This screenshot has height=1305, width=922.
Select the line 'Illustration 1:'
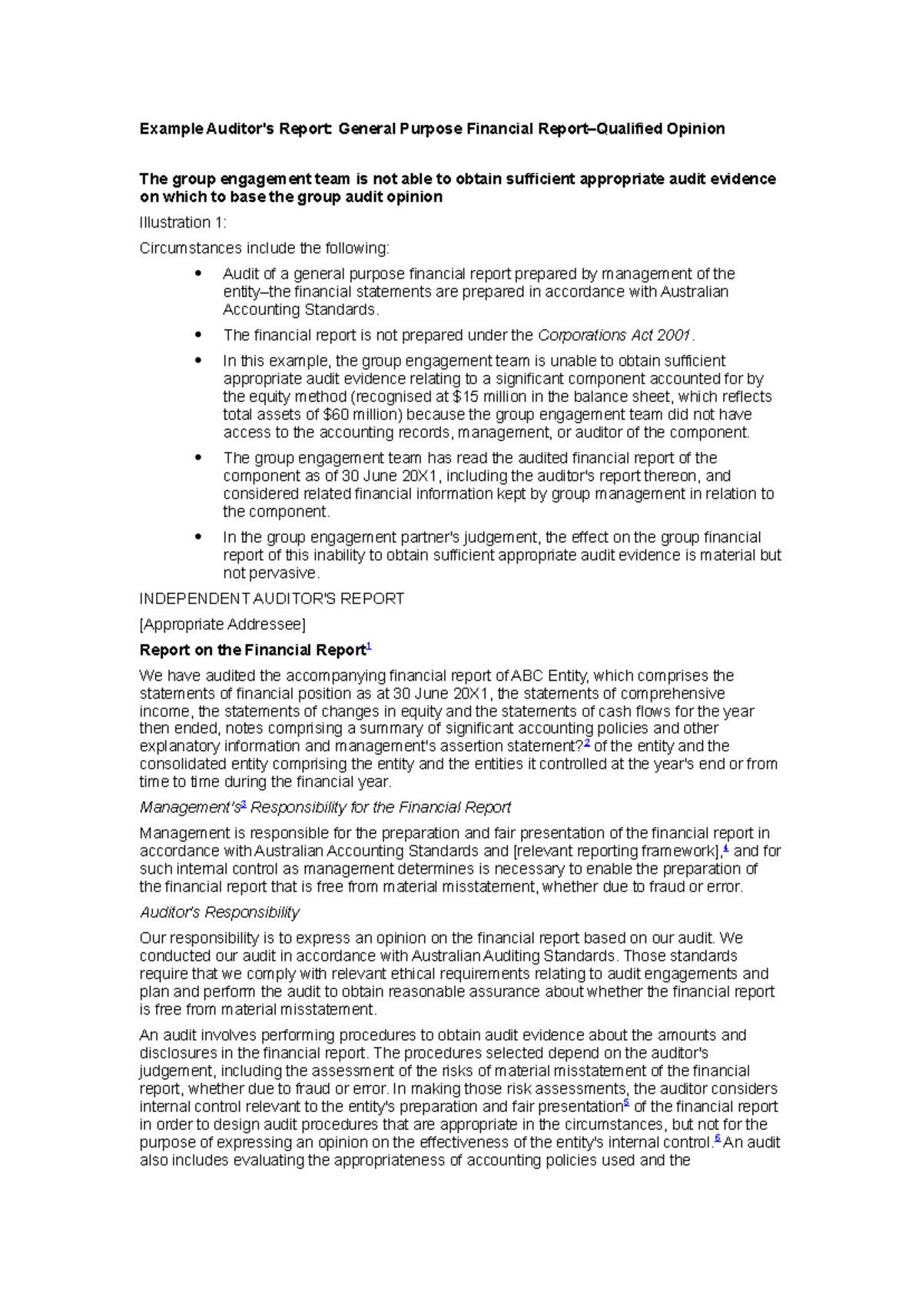(183, 223)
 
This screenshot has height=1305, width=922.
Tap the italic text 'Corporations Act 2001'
(614, 335)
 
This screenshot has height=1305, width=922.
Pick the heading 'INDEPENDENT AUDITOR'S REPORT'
(271, 599)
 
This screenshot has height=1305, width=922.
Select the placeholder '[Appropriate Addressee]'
(222, 624)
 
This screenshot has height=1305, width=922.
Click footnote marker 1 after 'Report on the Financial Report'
(369, 647)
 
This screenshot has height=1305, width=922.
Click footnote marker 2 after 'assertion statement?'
(588, 743)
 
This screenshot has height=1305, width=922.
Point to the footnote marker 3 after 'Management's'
(244, 805)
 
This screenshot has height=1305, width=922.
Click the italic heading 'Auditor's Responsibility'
(219, 912)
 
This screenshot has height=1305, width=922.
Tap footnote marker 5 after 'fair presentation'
(626, 1104)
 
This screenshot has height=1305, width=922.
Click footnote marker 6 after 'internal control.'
(718, 1139)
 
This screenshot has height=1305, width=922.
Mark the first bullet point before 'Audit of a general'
(198, 273)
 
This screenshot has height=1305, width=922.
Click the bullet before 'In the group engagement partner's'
(198, 536)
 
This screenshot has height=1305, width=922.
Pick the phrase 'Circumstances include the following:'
(264, 248)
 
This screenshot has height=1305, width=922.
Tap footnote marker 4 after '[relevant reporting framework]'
(726, 848)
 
